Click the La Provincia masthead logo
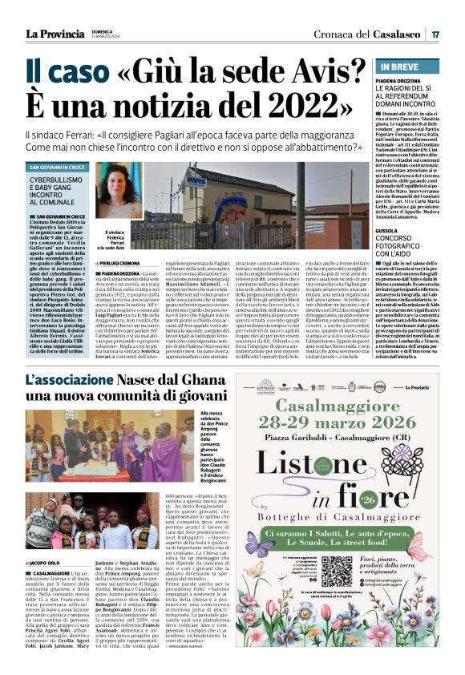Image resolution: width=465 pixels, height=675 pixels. coord(55,33)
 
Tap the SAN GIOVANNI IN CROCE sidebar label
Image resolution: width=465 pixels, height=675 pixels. coord(56,167)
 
